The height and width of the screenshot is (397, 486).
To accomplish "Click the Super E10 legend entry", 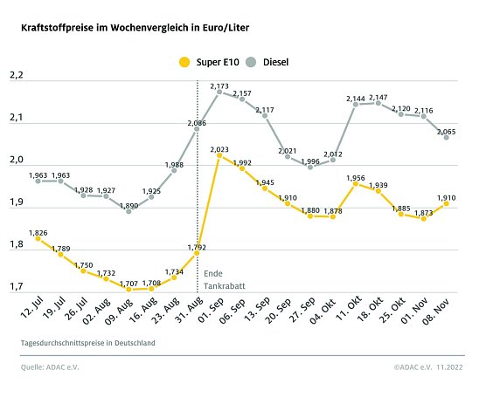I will pos(206,62).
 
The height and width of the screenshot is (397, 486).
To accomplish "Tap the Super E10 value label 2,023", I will pos(219,150).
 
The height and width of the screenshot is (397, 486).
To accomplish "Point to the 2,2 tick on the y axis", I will pos(16,78).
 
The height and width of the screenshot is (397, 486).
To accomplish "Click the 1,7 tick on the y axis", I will pos(16,286).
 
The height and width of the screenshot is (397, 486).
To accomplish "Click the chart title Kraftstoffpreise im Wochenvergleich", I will pos(135,28).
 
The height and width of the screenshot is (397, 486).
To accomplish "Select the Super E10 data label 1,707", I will pos(128,283).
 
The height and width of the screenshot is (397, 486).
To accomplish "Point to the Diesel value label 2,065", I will pos(447,131).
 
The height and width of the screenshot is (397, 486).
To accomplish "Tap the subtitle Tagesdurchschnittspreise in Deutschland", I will pos(88,344).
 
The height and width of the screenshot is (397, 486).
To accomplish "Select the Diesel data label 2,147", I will pos(378,97).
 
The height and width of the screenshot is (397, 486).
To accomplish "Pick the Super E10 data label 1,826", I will pos(37,233).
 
